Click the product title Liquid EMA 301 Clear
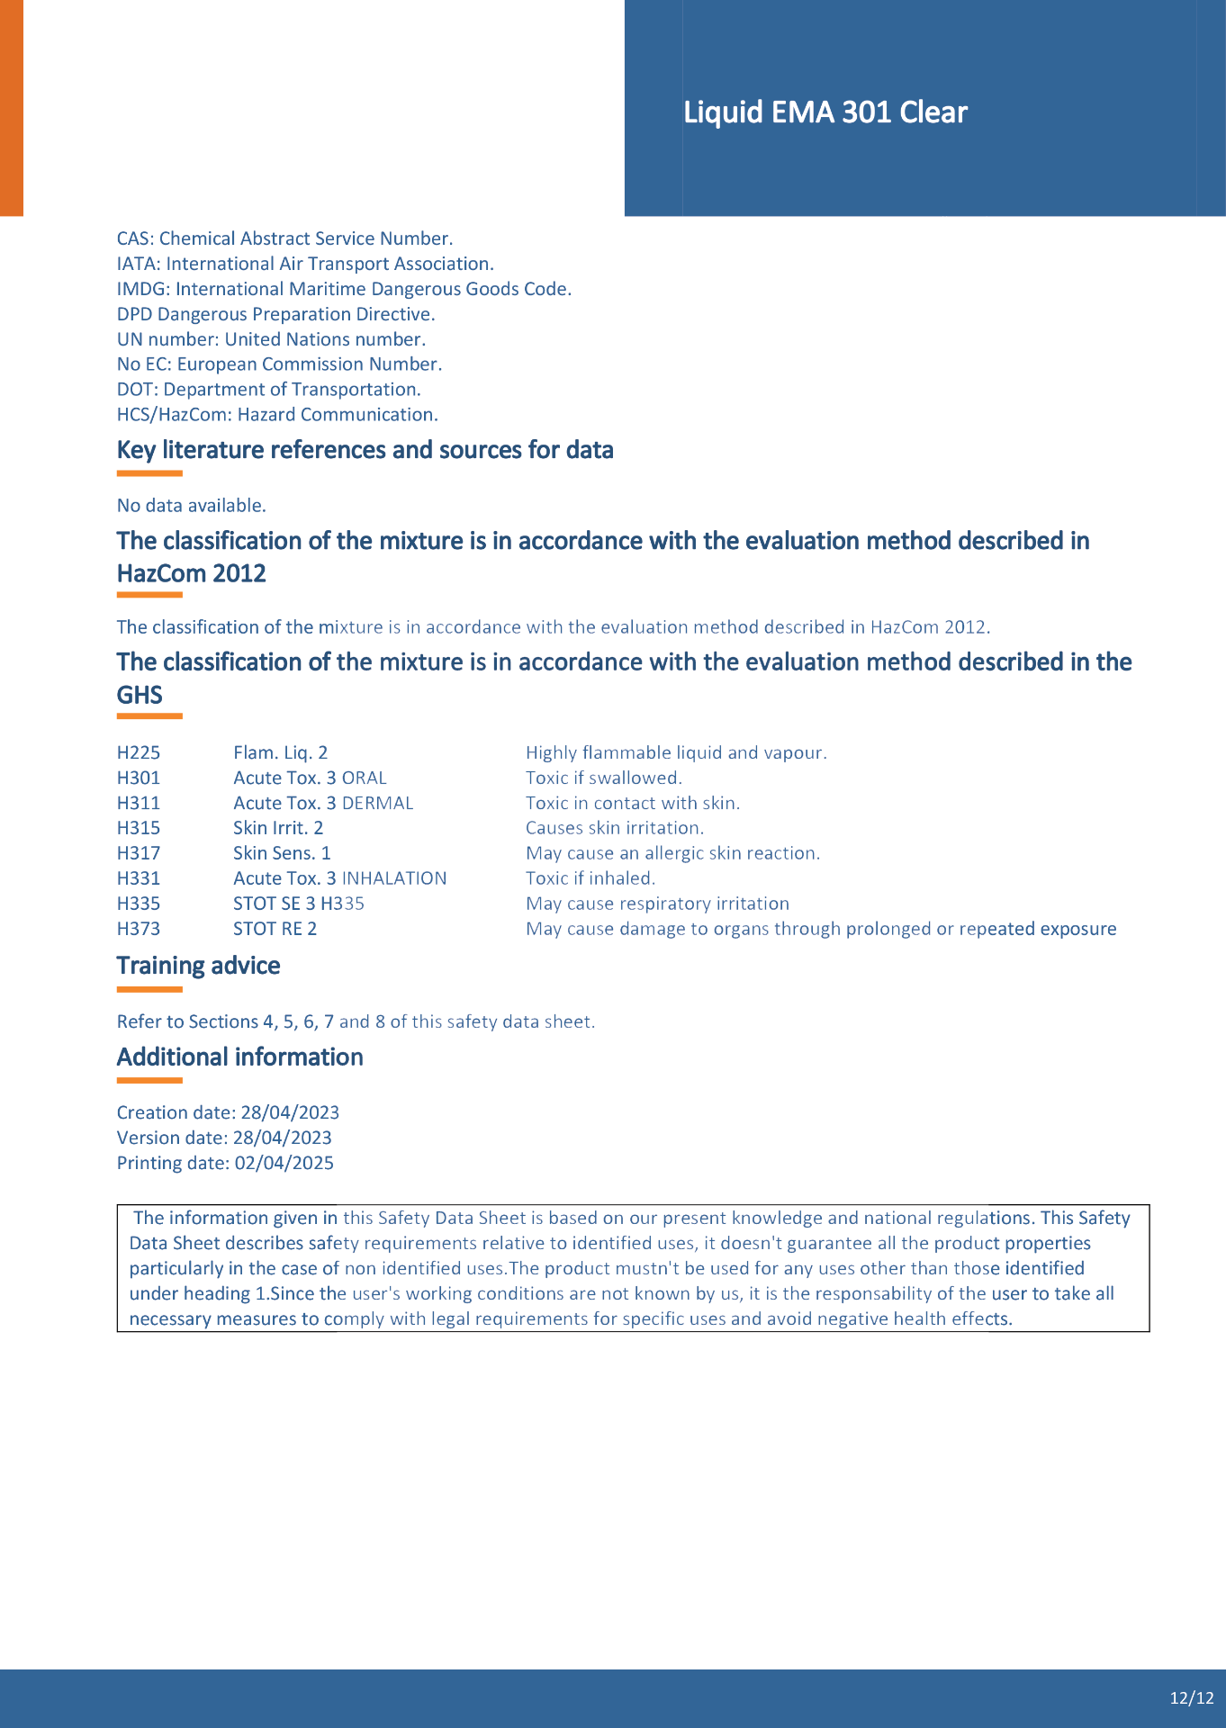tap(825, 112)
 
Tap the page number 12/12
tap(1192, 1698)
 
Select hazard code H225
tap(139, 752)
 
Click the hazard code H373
tap(139, 929)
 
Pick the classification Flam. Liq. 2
tap(280, 752)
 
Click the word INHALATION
tap(394, 878)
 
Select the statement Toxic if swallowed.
tap(604, 778)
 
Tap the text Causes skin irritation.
tap(615, 828)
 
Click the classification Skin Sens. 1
tap(282, 853)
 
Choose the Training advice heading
tap(198, 966)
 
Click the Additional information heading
tap(239, 1057)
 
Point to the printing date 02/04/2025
tap(284, 1163)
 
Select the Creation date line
tap(228, 1112)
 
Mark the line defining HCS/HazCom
tap(277, 415)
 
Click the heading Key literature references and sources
tap(365, 450)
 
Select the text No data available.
tap(191, 506)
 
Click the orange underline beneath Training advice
tap(149, 989)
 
